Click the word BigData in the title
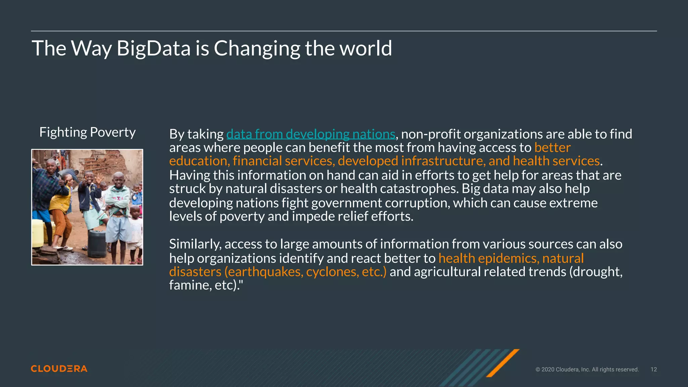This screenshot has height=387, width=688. [x=154, y=48]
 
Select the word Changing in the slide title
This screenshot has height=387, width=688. [x=257, y=48]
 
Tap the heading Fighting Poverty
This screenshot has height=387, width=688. [x=87, y=132]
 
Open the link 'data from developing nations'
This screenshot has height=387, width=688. [x=310, y=134]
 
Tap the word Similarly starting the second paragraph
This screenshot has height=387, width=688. [x=195, y=244]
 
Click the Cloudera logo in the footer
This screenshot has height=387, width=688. [x=59, y=369]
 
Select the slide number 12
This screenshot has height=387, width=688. [x=653, y=370]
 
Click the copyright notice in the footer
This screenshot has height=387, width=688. [x=587, y=370]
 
